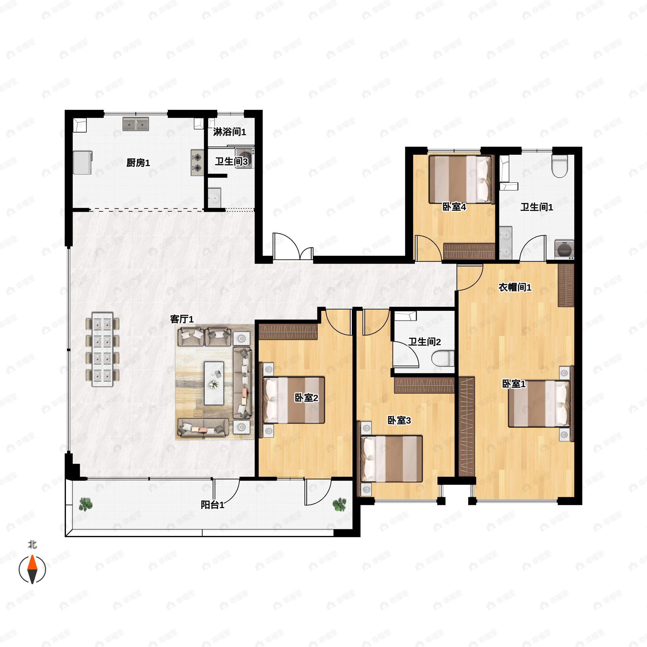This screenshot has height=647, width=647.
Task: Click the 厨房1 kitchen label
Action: [138, 163]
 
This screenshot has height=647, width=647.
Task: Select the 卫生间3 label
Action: [231, 161]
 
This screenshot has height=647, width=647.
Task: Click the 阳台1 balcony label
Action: [213, 505]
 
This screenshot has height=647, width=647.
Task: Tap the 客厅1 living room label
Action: [182, 319]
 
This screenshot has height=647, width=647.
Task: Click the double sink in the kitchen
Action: [136, 124]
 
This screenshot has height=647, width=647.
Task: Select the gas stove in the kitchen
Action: [197, 162]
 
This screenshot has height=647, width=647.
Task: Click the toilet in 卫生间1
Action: [560, 165]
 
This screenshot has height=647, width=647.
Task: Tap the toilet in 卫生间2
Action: [443, 359]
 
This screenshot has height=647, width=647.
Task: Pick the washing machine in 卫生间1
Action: [564, 249]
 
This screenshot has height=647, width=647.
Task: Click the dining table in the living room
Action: [102, 350]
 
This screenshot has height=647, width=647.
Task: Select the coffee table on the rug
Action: [214, 383]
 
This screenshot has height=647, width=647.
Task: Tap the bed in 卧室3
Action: [391, 459]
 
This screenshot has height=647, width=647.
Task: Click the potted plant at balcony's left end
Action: [86, 504]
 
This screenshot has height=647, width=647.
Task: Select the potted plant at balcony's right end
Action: [340, 504]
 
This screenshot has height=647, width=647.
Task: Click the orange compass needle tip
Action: [32, 555]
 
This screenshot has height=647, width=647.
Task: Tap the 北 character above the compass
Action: [32, 545]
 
